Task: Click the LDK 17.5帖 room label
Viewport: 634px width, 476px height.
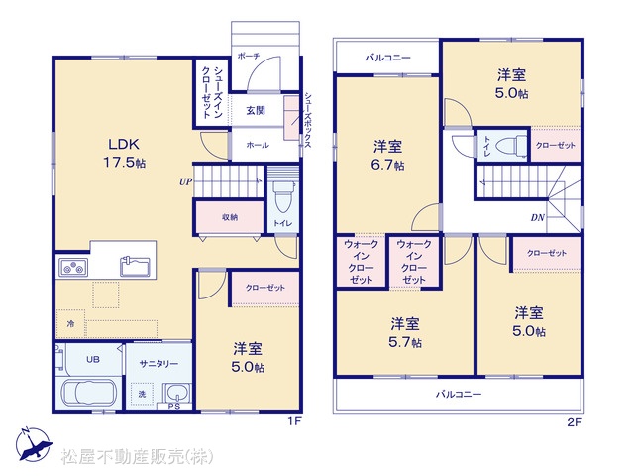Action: [124, 154]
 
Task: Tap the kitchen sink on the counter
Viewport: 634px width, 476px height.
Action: [135, 267]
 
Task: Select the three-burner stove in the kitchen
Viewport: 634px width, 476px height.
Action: [73, 268]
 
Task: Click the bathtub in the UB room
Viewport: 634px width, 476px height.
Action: [89, 393]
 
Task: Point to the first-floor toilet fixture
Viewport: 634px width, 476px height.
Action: [283, 196]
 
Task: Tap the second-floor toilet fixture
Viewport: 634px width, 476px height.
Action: [511, 146]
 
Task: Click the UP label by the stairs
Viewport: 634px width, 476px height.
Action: [185, 182]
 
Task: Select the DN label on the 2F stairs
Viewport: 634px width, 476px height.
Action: [538, 218]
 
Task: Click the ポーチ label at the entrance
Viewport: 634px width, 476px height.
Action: [249, 56]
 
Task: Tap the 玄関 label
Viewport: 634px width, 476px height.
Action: [256, 110]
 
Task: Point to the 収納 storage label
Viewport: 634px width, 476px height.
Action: [230, 217]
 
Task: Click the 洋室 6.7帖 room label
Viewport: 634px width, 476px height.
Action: [387, 156]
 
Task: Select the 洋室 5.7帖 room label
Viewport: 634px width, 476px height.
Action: [405, 333]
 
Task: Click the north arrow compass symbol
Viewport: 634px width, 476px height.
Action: [33, 444]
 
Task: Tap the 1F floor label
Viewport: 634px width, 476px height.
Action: [295, 421]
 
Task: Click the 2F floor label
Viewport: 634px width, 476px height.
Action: [575, 423]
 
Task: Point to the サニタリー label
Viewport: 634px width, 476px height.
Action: [158, 364]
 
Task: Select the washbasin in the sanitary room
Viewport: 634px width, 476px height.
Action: [176, 393]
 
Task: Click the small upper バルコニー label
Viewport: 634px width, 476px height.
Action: [387, 58]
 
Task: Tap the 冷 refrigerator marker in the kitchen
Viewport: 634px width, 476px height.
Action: [70, 324]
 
